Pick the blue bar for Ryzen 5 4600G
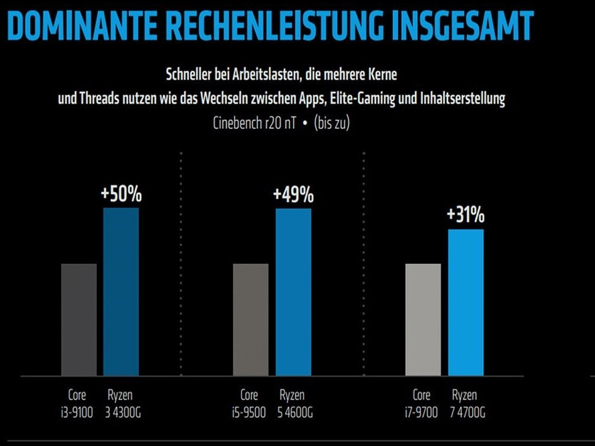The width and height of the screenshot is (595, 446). [293, 291]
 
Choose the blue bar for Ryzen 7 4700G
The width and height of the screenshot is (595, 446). [466, 302]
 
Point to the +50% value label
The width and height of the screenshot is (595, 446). [121, 195]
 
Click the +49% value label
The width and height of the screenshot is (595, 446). [293, 195]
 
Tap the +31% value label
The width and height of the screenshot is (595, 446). [466, 215]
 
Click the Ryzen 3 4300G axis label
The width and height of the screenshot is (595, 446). [121, 404]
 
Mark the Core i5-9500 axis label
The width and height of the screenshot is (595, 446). [249, 404]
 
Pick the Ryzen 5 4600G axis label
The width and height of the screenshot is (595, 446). [292, 404]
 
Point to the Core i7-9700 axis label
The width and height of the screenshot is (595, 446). [422, 404]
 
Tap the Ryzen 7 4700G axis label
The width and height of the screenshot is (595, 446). [464, 404]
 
